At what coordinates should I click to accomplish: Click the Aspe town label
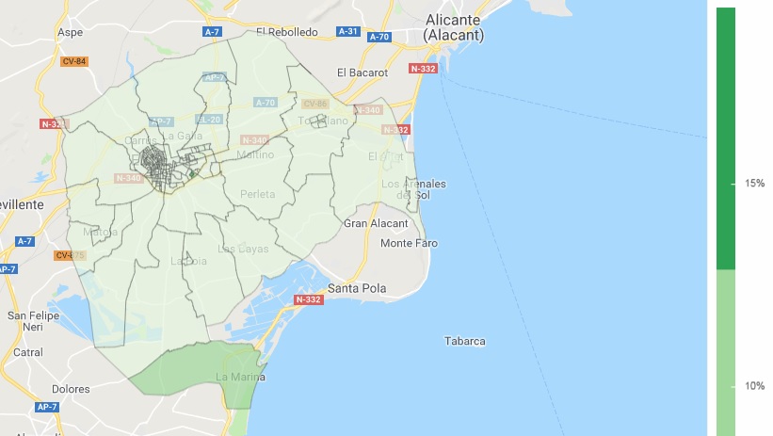(x=71, y=31)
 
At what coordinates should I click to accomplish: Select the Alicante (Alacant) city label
(x=453, y=27)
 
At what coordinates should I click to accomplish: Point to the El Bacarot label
(x=362, y=72)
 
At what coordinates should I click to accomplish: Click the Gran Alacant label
(x=376, y=223)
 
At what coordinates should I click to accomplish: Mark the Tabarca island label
(x=464, y=341)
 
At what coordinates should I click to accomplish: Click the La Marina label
(x=240, y=378)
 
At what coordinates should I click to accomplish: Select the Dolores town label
(x=71, y=388)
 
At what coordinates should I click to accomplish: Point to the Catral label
(x=28, y=352)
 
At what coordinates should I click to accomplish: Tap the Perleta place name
(x=258, y=194)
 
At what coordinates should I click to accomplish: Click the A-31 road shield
(x=348, y=31)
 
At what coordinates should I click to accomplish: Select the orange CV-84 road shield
(x=73, y=61)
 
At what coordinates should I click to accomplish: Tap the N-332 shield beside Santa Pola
(x=308, y=299)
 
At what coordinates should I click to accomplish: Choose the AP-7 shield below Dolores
(x=47, y=407)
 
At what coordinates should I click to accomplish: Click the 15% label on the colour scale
(x=754, y=183)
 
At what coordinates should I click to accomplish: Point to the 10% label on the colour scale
(x=754, y=386)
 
